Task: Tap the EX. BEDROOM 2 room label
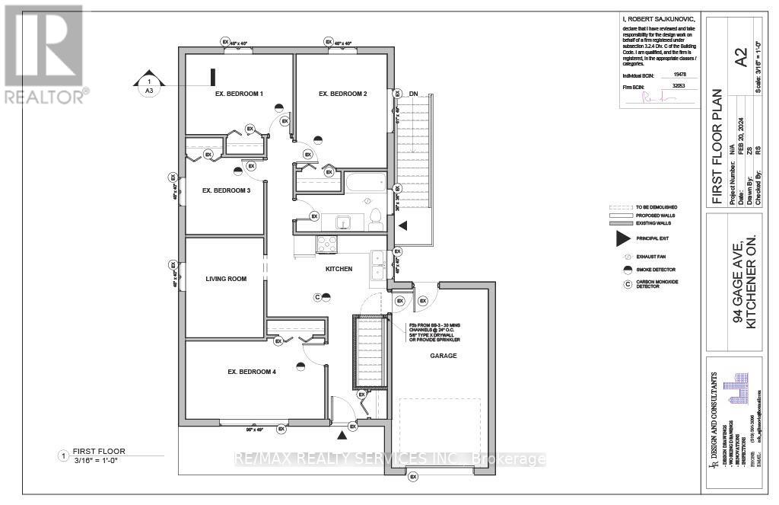(x=342, y=94)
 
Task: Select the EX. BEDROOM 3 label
(x=226, y=190)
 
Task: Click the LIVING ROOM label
(x=226, y=279)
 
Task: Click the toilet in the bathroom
(x=374, y=219)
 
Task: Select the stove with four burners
(x=326, y=245)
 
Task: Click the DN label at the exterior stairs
(x=413, y=94)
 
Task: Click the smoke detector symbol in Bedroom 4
(x=300, y=365)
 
